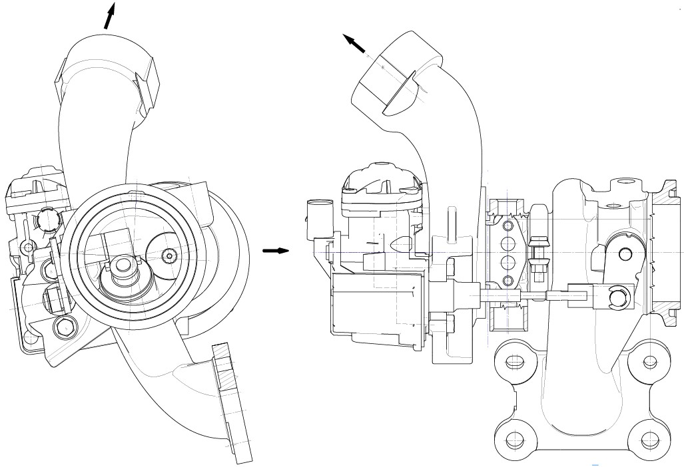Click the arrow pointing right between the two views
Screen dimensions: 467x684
276,251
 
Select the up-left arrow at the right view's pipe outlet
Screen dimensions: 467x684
355,44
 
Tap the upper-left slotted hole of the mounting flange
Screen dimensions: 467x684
515,363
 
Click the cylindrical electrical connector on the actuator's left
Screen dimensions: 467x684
316,217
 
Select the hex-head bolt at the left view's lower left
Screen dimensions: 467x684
63,327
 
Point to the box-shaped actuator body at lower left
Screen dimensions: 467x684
373,303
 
